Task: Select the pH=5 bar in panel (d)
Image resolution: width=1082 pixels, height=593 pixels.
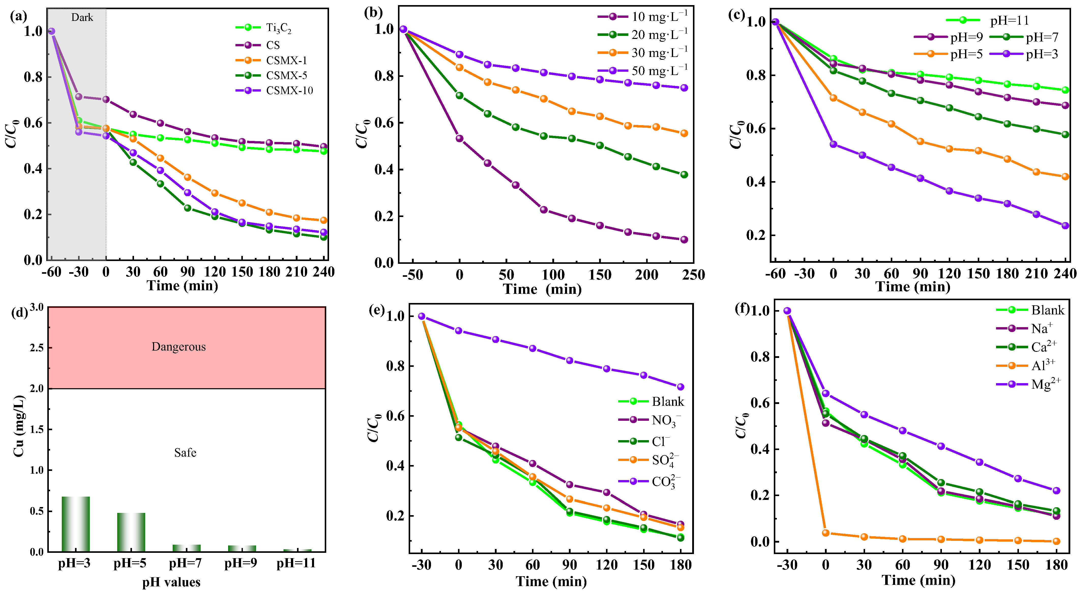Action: coord(131,532)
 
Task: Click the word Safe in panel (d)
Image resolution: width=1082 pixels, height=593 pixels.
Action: coord(185,453)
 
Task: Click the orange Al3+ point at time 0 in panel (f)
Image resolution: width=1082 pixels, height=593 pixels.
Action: coord(825,533)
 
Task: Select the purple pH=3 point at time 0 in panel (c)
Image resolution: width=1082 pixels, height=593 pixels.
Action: coord(833,144)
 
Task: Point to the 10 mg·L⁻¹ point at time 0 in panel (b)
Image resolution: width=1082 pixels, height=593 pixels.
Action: coord(460,139)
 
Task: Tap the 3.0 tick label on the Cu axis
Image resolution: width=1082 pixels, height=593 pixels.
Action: coord(37,307)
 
